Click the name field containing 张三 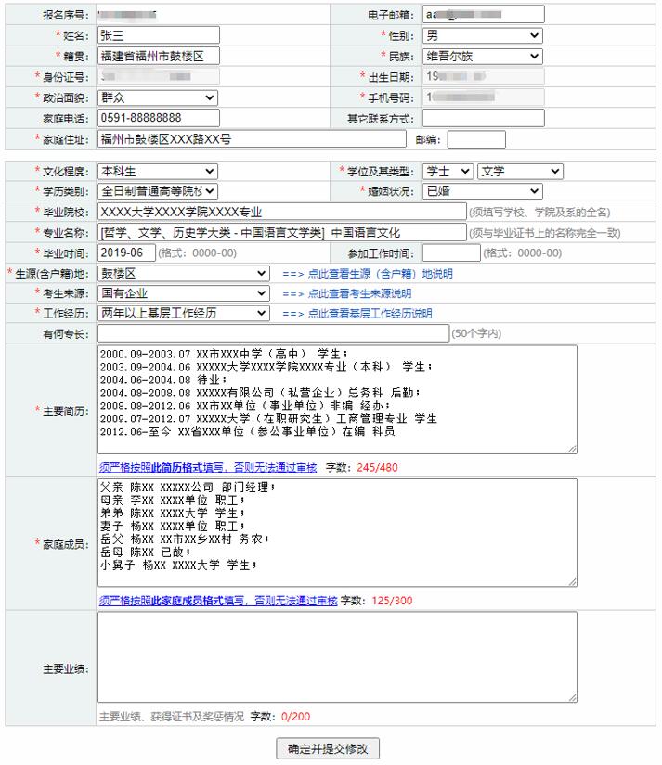(x=158, y=36)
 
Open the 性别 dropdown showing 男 (x=481, y=36)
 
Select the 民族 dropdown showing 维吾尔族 (x=481, y=57)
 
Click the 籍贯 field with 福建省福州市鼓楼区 (x=158, y=57)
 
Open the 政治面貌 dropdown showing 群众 (x=157, y=97)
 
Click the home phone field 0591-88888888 (x=158, y=118)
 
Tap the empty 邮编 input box (x=476, y=139)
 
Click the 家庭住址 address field (x=252, y=139)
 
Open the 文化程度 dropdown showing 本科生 (x=157, y=172)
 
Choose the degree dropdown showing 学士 (x=448, y=172)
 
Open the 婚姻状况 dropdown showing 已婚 (x=481, y=191)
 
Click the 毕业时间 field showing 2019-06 (x=125, y=253)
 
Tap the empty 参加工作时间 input (x=451, y=253)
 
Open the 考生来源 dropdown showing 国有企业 (x=183, y=293)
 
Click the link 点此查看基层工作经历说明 (x=370, y=314)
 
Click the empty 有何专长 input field (x=272, y=333)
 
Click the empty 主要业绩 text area (x=337, y=656)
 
